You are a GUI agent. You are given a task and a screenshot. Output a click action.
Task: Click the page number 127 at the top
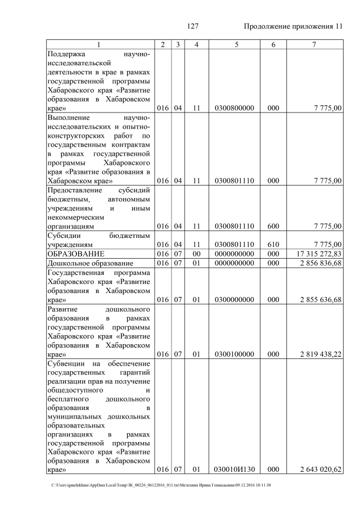tap(193, 26)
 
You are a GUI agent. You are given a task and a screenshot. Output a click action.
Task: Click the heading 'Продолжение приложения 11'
tap(292, 26)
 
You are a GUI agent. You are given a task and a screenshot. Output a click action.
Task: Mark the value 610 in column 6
tap(273, 245)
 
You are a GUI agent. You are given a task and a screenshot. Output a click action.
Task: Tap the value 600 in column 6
tap(273, 226)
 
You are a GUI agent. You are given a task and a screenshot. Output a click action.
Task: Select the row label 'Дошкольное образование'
tap(90, 263)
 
